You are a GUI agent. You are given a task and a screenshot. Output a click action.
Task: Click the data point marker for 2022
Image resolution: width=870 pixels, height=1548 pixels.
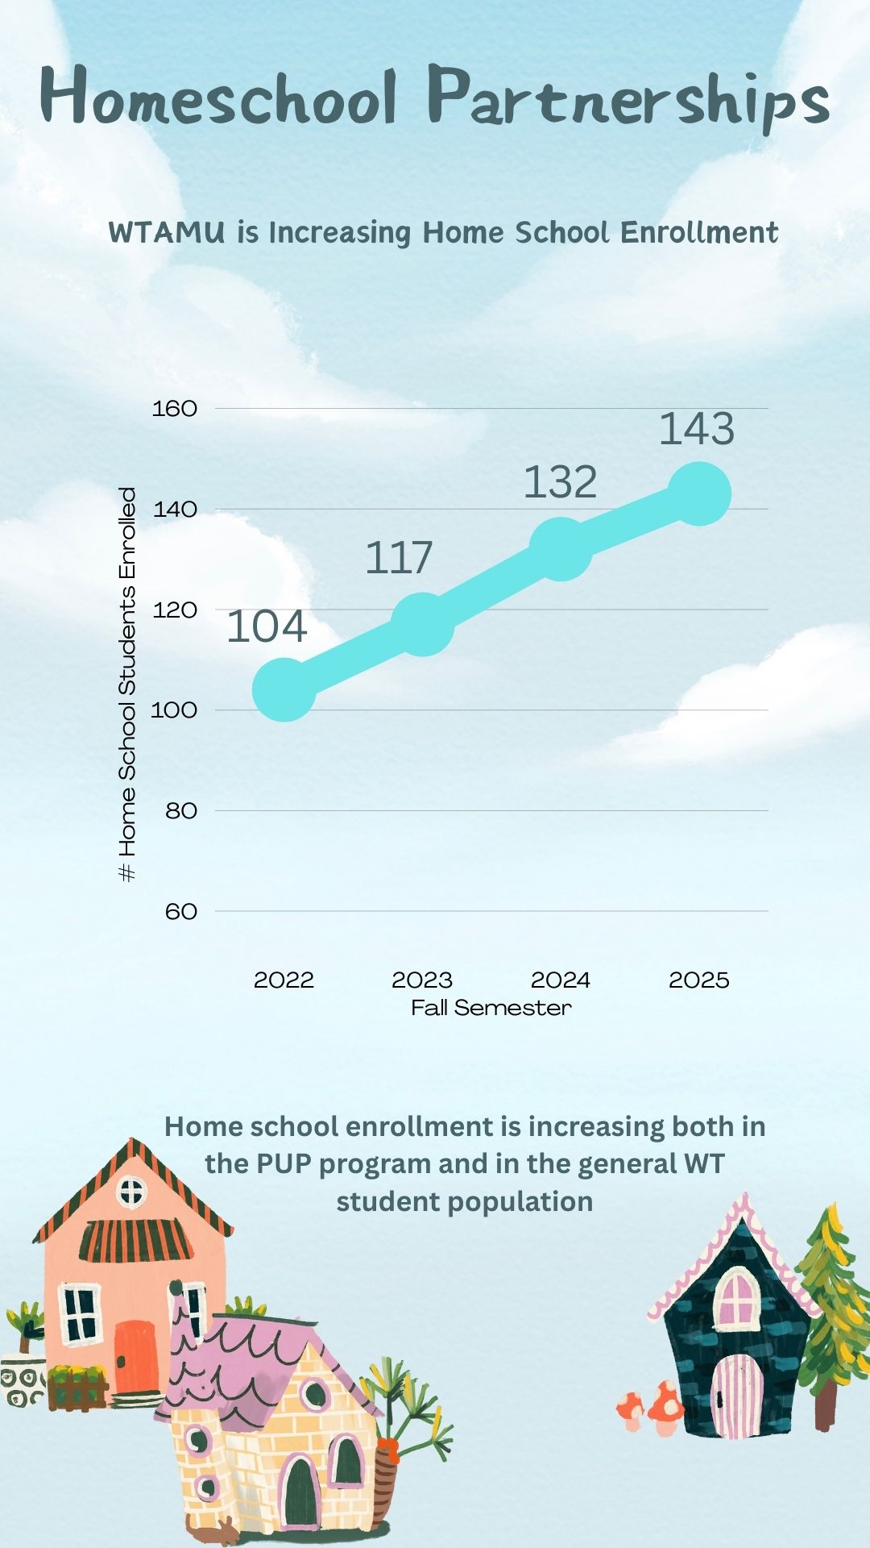click(284, 689)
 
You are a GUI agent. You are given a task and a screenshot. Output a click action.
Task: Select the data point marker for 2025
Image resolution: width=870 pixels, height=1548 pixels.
click(699, 493)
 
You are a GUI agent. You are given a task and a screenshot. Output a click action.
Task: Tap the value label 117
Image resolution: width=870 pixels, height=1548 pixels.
click(399, 558)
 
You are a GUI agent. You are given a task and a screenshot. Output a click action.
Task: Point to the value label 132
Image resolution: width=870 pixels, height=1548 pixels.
click(561, 483)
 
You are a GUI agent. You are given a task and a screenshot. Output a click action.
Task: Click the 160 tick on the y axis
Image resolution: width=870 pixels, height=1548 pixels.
click(175, 409)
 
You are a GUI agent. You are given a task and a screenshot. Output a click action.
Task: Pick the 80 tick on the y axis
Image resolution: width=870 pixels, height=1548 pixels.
click(181, 811)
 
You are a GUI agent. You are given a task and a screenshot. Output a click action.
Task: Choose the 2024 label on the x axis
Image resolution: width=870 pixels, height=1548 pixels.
click(561, 980)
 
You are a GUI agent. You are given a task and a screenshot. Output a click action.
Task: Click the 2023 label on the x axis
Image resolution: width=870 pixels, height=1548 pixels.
click(422, 980)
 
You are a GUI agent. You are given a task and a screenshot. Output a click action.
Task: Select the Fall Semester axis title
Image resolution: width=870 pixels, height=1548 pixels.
click(491, 1008)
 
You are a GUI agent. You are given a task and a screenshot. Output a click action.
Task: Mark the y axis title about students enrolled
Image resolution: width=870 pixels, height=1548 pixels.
click(127, 684)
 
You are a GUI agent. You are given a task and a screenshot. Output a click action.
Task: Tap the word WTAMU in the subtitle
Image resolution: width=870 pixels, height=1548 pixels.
click(167, 233)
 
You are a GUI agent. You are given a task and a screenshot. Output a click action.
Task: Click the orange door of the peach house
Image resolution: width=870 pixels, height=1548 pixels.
click(135, 1356)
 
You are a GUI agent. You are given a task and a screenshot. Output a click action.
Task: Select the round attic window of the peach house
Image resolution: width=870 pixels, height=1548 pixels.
click(132, 1191)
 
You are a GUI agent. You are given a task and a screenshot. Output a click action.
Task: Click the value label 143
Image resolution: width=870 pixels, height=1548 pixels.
click(697, 429)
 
